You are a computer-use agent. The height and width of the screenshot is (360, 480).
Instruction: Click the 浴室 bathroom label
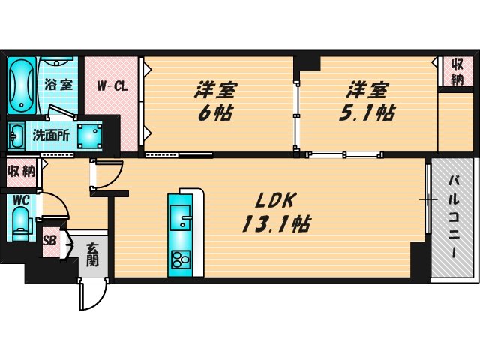click(x=58, y=84)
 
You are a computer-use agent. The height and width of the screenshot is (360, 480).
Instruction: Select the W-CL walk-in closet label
click(x=112, y=85)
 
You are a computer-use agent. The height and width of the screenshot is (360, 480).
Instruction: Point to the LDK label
click(x=278, y=200)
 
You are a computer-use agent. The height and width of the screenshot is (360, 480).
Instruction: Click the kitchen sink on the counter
click(x=181, y=218)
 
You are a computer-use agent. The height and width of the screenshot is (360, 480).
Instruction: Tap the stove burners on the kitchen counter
click(x=181, y=259)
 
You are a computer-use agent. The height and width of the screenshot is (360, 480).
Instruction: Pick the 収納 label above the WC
click(x=22, y=170)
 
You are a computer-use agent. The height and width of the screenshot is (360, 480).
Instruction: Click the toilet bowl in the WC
click(x=20, y=223)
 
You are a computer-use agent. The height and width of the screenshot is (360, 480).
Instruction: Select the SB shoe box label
click(x=50, y=241)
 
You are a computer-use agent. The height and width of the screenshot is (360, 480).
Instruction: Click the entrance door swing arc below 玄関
click(x=88, y=296)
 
